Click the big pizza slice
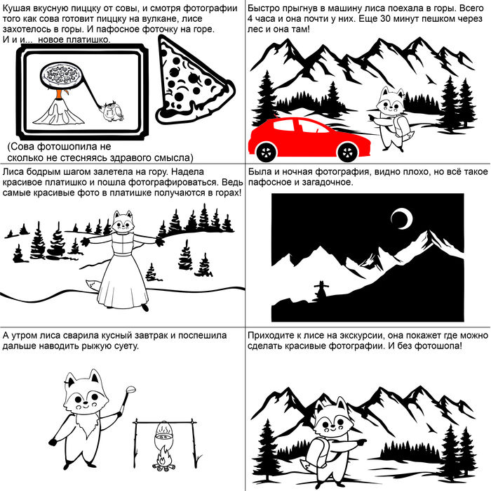(x=191, y=81)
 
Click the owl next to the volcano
(x=113, y=112)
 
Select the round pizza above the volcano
(x=61, y=75)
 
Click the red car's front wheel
(x=348, y=152)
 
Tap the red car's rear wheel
(x=266, y=152)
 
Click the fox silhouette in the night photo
(x=321, y=290)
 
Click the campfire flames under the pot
(x=163, y=459)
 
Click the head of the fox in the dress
(x=123, y=221)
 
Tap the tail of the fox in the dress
(x=95, y=284)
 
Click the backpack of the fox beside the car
(x=401, y=126)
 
